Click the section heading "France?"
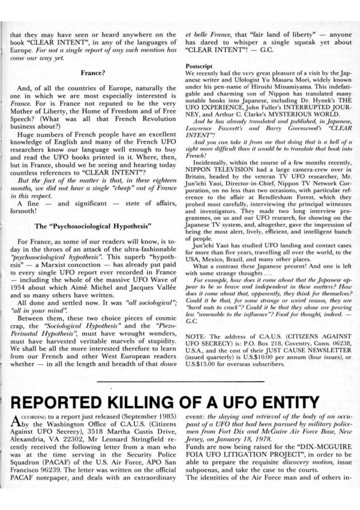[92, 73]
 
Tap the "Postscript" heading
[202, 63]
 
